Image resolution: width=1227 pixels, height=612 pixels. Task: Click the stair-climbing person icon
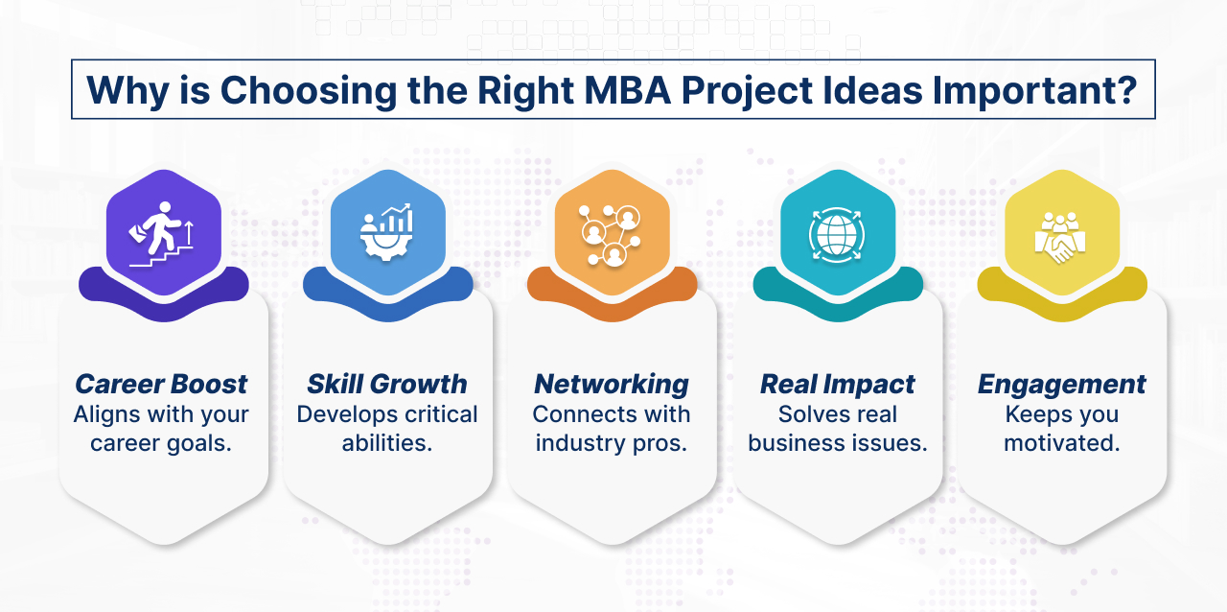pyautogui.click(x=163, y=231)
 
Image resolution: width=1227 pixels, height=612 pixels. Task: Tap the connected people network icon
pyautogui.click(x=612, y=231)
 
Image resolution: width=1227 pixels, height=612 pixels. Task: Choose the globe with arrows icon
pyautogui.click(x=837, y=231)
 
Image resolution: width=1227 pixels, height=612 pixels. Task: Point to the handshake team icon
pyautogui.click(x=1060, y=231)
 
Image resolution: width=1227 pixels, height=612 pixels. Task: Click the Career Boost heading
pyautogui.click(x=161, y=385)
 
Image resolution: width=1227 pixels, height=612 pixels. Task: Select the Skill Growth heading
pyautogui.click(x=386, y=385)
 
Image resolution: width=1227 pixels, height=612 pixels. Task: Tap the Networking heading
pyautogui.click(x=611, y=385)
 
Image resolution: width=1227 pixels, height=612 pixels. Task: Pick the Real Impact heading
pyautogui.click(x=837, y=385)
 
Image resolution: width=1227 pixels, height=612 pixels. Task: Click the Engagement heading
pyautogui.click(x=1061, y=385)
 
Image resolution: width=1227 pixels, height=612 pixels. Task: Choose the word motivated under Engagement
pyautogui.click(x=1061, y=444)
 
